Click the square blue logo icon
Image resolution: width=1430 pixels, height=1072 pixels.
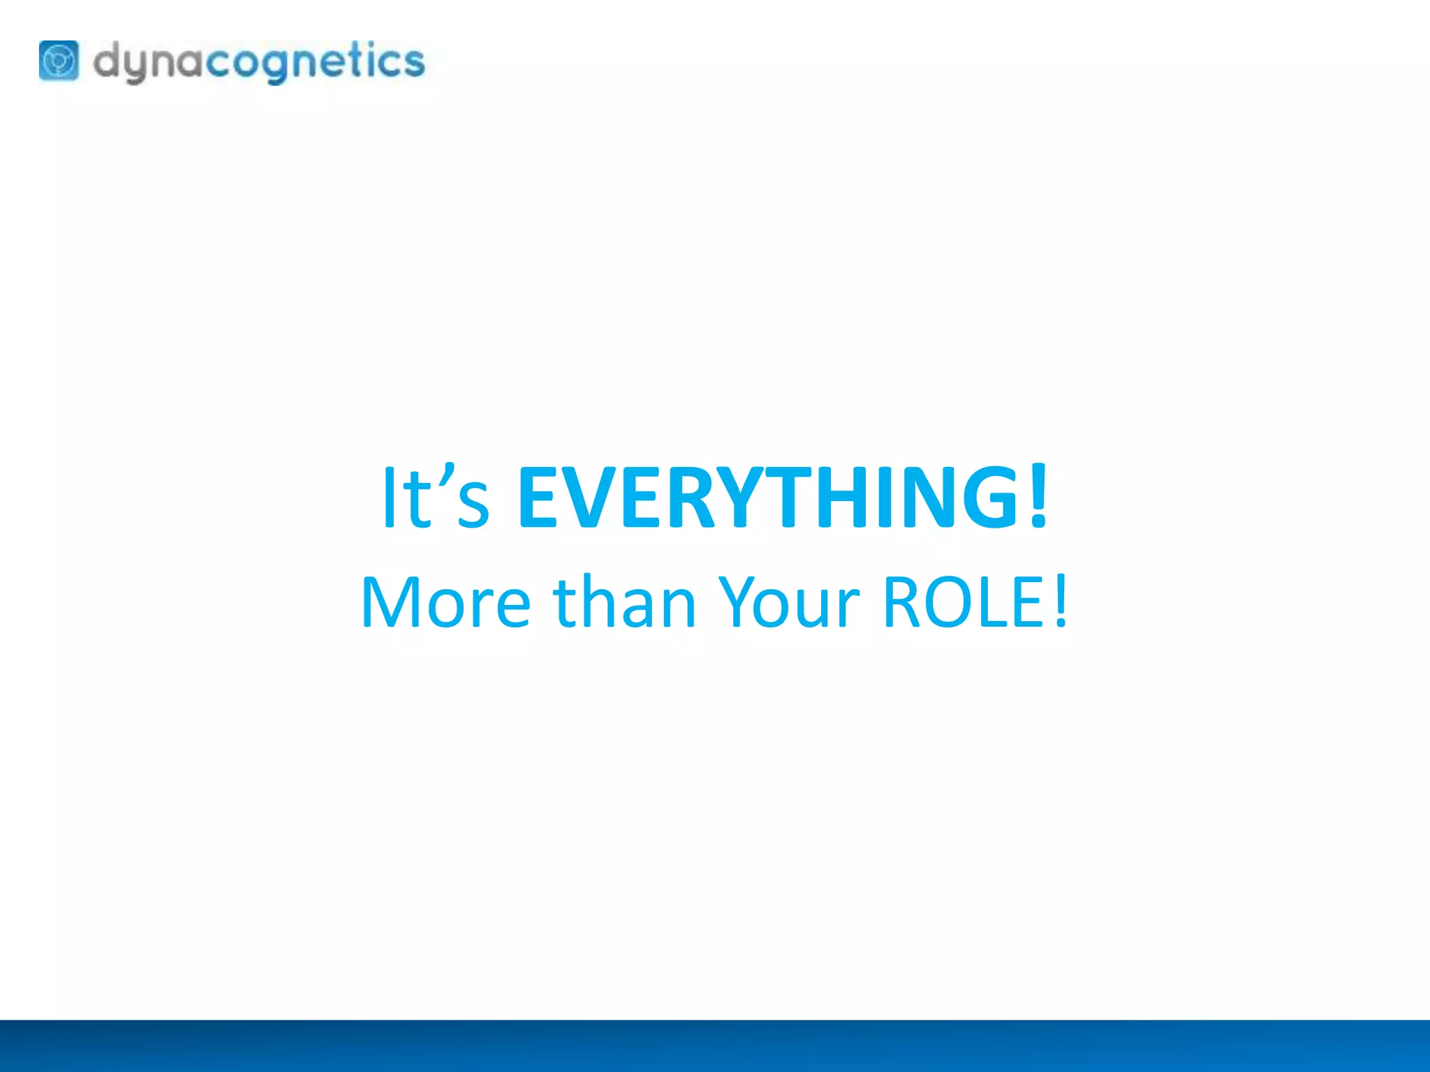click(x=59, y=61)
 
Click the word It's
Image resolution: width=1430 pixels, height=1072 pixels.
click(x=435, y=497)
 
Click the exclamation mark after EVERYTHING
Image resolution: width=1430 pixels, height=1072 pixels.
click(x=1038, y=496)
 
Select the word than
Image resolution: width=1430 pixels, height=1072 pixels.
click(x=624, y=602)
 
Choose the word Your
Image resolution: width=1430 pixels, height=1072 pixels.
click(x=789, y=602)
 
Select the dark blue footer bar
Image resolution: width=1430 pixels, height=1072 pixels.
click(x=715, y=1045)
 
